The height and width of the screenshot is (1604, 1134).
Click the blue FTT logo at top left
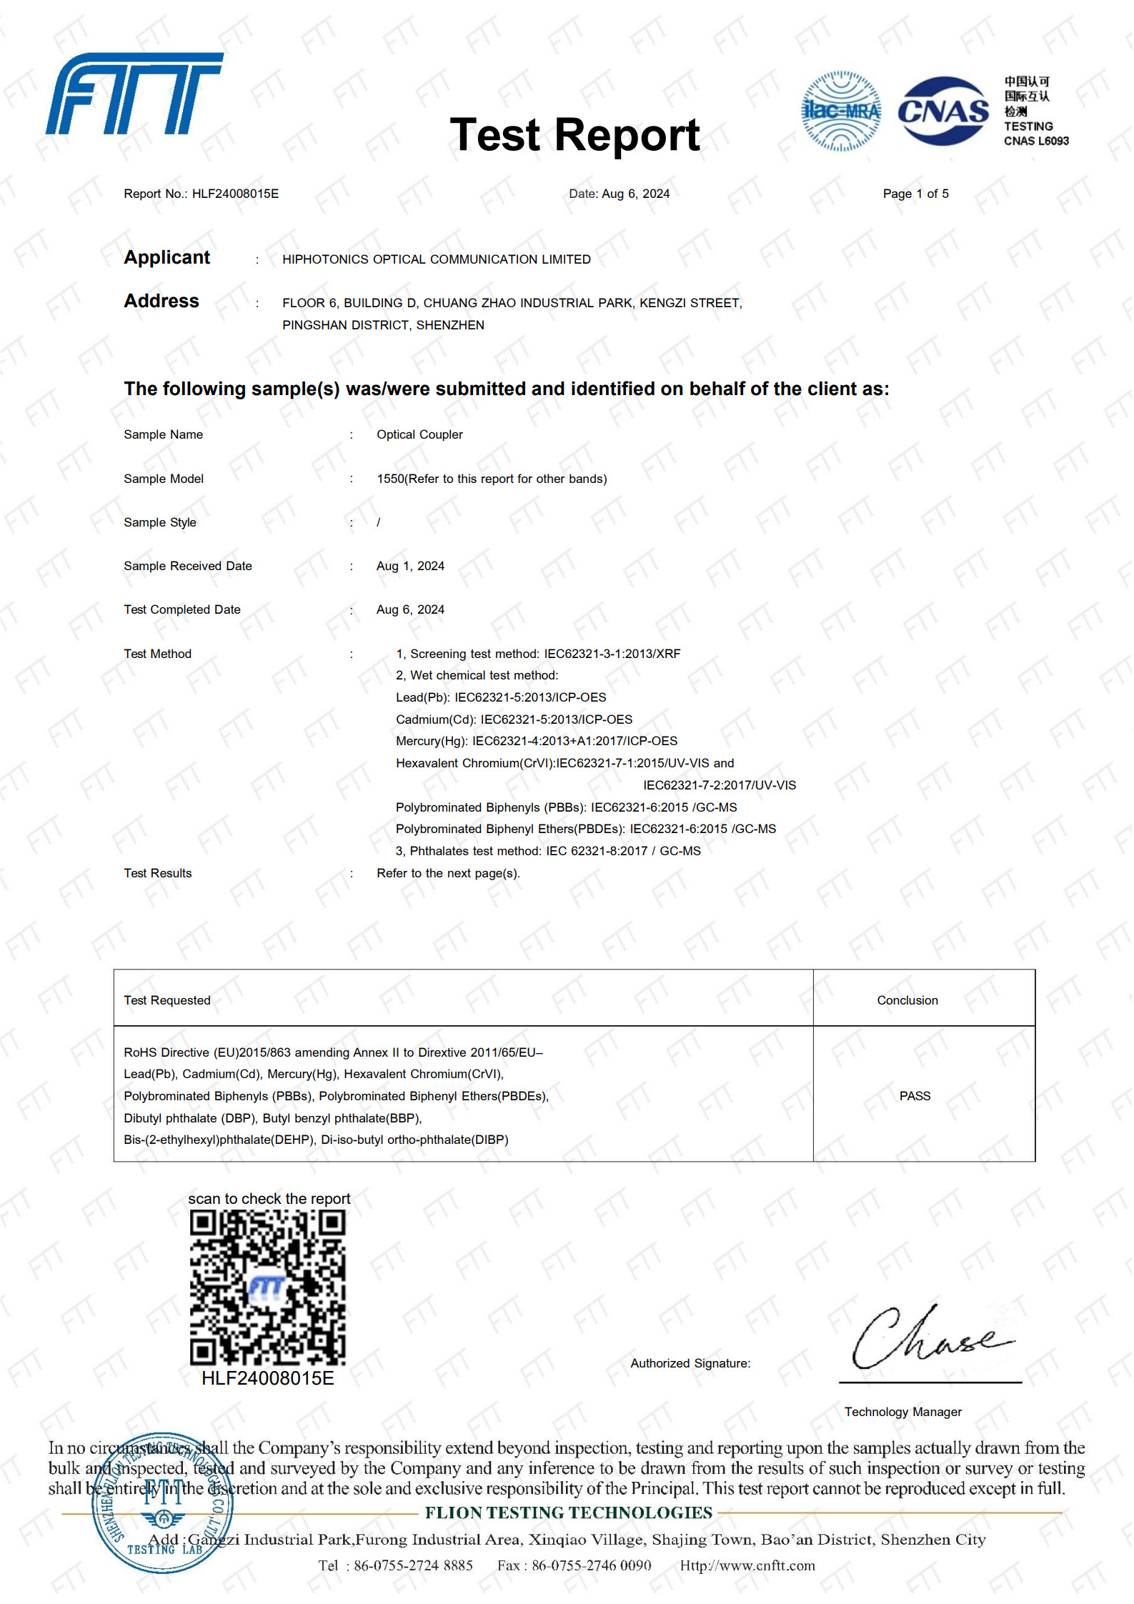(134, 93)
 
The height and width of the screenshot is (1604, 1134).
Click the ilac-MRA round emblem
(841, 111)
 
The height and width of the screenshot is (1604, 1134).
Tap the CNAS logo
(942, 111)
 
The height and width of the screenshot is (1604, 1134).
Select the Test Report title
(575, 135)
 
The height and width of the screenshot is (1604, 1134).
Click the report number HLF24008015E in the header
(235, 194)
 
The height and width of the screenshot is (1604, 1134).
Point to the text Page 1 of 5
(915, 194)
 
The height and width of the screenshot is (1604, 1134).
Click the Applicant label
(166, 257)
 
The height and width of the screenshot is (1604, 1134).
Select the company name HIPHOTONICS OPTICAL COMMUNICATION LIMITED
(436, 259)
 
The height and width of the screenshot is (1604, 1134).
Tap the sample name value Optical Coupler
(419, 434)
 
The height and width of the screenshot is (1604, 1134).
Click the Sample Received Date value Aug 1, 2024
(410, 566)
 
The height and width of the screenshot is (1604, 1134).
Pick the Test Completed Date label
(181, 609)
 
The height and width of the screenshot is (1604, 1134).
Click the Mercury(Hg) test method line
(536, 741)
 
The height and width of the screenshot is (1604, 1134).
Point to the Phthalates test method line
(548, 851)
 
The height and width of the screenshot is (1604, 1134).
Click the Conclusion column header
(907, 1000)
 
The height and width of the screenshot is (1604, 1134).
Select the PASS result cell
(915, 1096)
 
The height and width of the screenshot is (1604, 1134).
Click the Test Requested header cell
(166, 1000)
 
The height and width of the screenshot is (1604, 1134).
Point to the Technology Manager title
(902, 1412)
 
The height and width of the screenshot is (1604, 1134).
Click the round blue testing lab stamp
(163, 1503)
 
